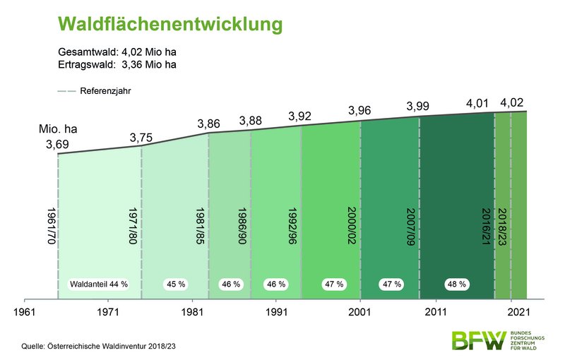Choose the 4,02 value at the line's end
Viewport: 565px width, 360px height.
pos(513,103)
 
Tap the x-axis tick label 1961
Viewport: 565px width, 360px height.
pos(25,311)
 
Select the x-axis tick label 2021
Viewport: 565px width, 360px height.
pos(519,311)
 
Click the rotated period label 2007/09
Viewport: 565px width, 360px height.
pos(412,227)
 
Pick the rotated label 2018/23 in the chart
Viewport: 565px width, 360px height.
pos(502,227)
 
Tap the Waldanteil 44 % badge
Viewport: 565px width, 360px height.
pos(98,284)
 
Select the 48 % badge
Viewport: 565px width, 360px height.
pos(456,284)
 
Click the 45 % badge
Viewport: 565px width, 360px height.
pos(175,284)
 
